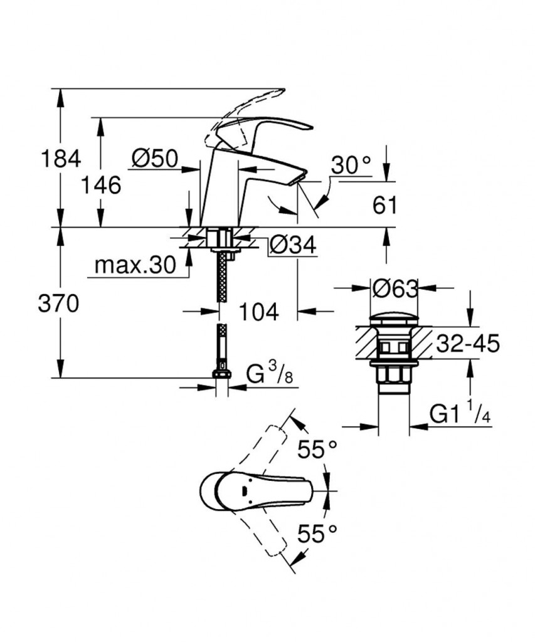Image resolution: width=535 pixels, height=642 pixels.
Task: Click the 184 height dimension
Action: [61, 159]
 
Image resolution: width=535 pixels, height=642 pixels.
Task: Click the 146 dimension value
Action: [101, 186]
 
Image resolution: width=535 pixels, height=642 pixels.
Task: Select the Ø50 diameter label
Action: [155, 159]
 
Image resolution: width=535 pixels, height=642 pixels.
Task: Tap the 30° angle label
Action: [351, 166]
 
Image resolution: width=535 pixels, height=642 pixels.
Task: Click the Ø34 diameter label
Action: [292, 246]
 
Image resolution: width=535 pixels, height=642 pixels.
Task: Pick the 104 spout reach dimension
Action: [258, 312]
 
